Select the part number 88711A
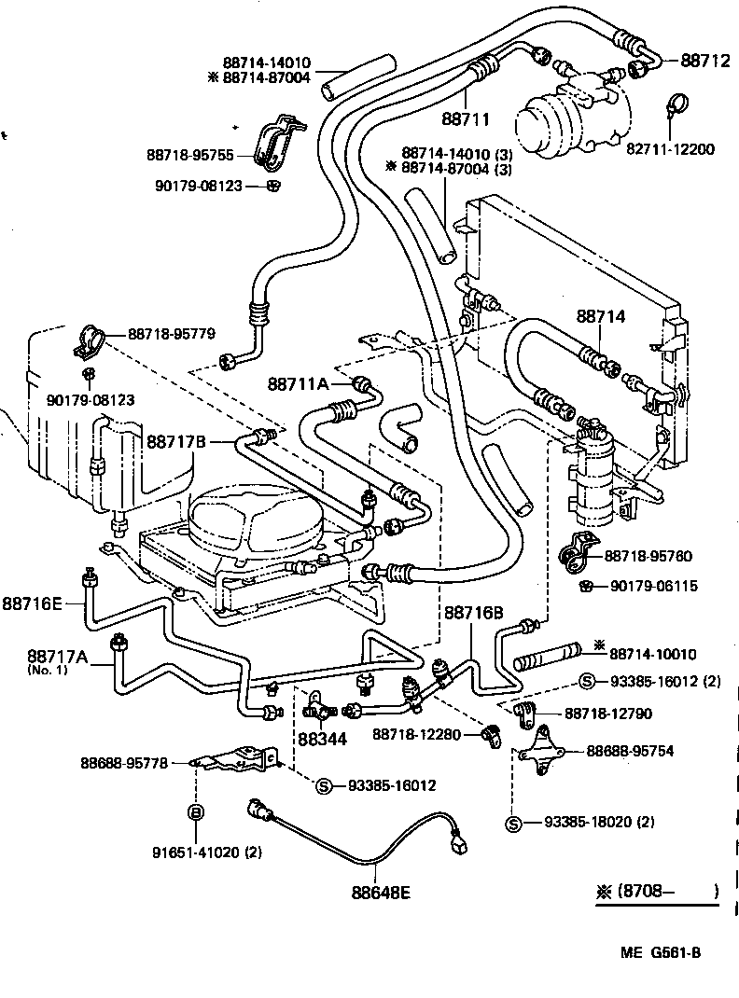click(298, 383)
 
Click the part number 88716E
click(32, 603)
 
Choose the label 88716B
click(473, 613)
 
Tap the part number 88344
click(320, 739)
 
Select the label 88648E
click(381, 892)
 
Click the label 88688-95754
click(642, 751)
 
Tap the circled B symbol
click(196, 812)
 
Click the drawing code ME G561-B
click(660, 952)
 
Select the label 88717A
click(56, 658)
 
